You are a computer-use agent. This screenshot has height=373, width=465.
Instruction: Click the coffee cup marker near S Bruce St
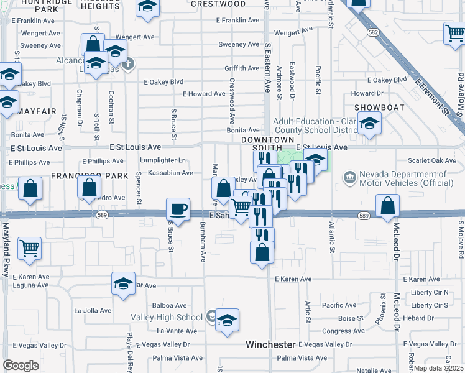pos(178,210)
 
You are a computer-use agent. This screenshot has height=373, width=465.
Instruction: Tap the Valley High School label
pos(167,317)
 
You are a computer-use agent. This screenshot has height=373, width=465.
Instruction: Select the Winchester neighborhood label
pos(270,344)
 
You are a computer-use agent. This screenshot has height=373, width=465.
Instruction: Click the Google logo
pos(21,365)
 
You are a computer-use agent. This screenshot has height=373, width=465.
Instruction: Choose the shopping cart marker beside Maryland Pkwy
pos(30,249)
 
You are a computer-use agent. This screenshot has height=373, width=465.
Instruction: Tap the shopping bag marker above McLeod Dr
pos(388,206)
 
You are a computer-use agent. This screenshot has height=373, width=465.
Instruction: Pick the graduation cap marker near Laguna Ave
pos(123,284)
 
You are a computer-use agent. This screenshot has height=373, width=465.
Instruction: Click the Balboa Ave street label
pos(170,306)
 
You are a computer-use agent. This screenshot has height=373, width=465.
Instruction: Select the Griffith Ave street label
pos(242,68)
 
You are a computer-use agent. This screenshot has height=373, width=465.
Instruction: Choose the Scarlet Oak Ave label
pos(433,161)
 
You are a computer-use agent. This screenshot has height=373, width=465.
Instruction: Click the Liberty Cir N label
pos(430,293)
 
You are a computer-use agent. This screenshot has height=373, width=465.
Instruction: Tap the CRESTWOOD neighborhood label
pos(218,4)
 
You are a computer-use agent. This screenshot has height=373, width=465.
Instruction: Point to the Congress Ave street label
pos(343,331)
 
